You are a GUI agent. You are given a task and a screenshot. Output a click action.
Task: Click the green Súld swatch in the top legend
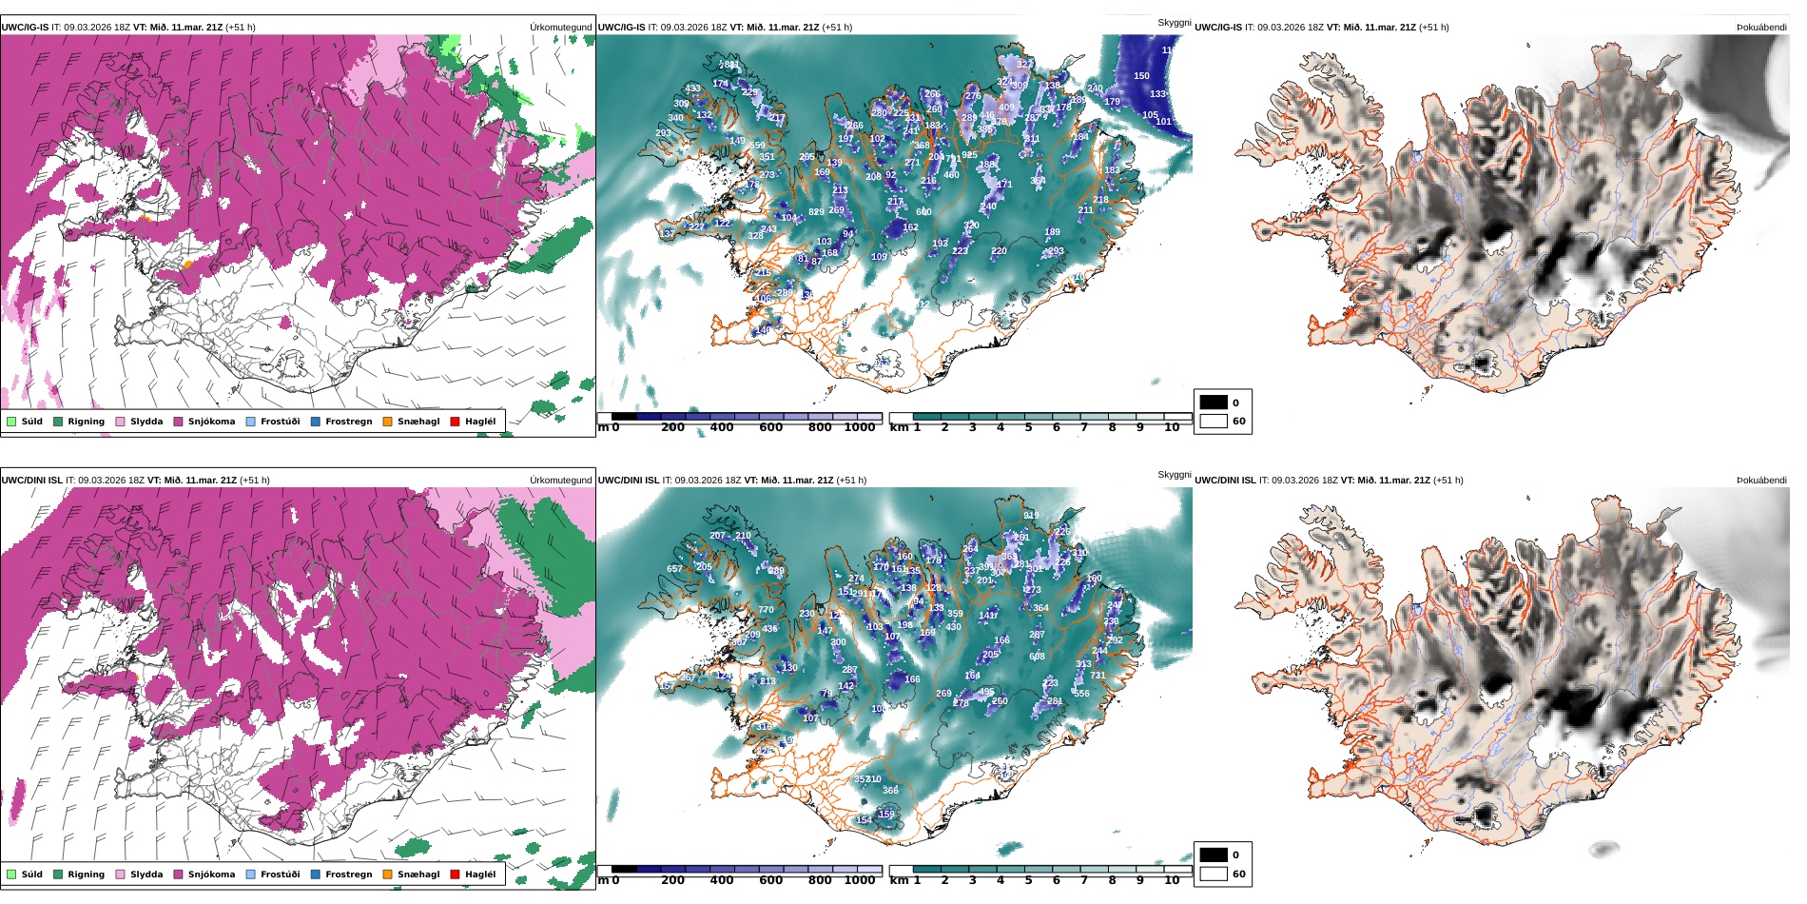[11, 422]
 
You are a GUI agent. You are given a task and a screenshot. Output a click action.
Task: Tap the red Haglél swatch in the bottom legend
[456, 875]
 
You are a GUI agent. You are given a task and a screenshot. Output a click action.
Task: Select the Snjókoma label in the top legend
[211, 422]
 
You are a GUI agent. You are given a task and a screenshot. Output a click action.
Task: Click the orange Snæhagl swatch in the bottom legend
[387, 875]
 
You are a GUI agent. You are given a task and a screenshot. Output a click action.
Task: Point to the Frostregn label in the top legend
[348, 422]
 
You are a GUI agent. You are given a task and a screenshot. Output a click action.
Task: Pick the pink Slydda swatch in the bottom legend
[120, 875]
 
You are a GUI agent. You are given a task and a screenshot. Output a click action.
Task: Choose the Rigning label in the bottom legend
[86, 875]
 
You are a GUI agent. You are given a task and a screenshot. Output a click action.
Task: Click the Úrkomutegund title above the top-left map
[560, 28]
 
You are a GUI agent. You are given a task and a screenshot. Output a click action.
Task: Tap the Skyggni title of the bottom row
[1174, 475]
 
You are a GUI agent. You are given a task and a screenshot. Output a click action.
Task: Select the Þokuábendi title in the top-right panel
[1761, 28]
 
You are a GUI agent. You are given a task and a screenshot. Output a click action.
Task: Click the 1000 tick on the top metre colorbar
[860, 428]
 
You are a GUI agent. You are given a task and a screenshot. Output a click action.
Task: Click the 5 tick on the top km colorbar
[1028, 428]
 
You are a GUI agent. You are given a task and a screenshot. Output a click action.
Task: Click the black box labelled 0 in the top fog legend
[1214, 403]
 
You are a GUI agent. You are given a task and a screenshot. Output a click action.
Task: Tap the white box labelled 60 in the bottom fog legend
[1214, 874]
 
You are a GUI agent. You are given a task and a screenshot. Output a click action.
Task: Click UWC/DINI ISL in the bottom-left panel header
[31, 481]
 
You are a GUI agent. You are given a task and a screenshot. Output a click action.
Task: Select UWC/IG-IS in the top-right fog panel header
[1218, 28]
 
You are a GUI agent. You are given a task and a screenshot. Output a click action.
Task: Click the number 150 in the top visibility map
[1141, 76]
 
